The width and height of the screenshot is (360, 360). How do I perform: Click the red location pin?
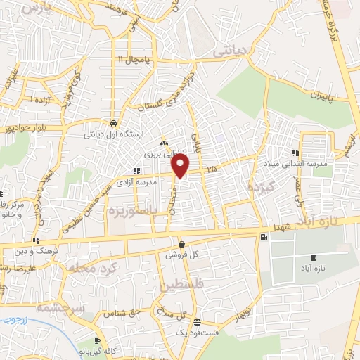[x=181, y=166]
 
